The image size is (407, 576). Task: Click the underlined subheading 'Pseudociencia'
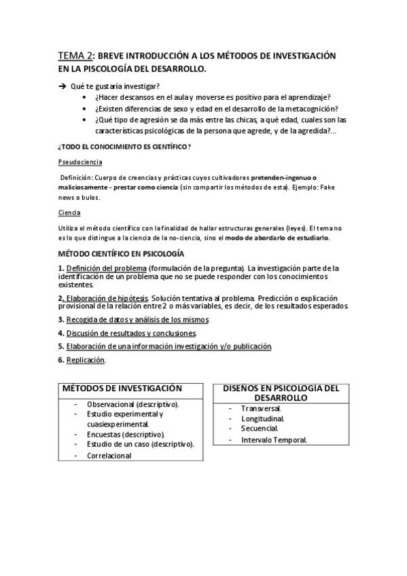point(80,162)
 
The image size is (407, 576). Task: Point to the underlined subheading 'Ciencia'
point(69,213)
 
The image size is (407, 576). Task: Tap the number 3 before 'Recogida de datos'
point(60,319)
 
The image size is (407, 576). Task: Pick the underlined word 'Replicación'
point(86,360)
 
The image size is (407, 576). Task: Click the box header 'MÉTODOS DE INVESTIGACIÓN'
point(122,388)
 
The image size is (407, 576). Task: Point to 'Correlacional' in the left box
point(109,456)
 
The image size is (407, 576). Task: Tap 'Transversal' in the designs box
point(262,408)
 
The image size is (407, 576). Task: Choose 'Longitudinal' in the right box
point(263,418)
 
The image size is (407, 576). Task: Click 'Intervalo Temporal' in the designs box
point(274,439)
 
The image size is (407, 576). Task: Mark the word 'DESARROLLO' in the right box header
point(281,397)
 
